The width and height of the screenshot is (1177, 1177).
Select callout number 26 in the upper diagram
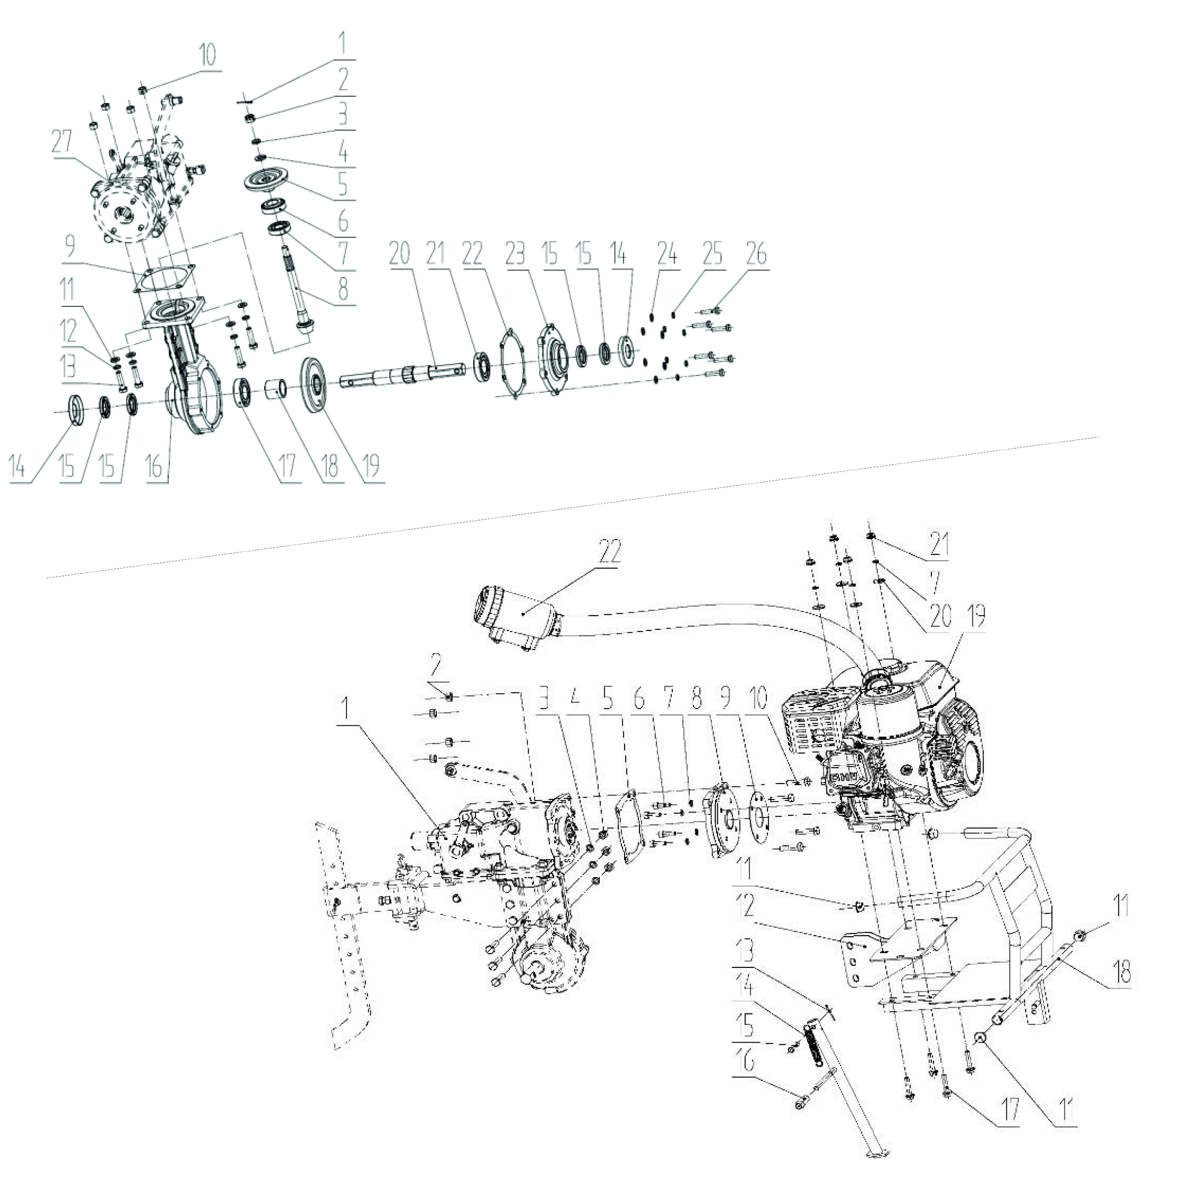(x=756, y=254)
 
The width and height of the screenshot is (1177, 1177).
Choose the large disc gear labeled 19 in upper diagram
(x=317, y=385)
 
